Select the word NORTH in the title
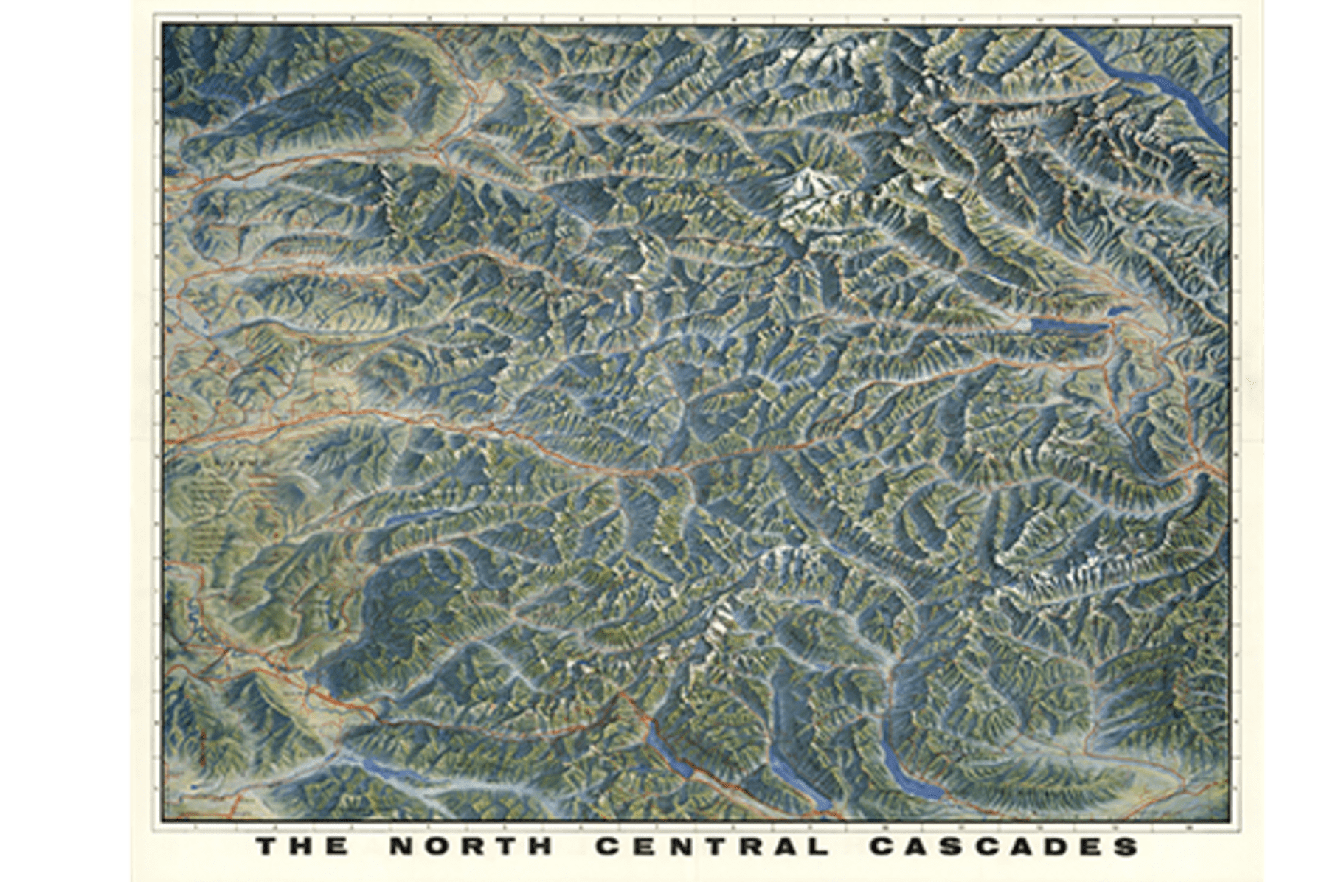click(x=471, y=846)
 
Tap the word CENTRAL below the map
click(x=712, y=846)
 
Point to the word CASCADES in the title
click(x=1003, y=846)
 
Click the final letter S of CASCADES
click(x=1123, y=846)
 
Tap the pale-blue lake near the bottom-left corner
click(x=384, y=774)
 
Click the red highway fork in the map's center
click(x=682, y=468)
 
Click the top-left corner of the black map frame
click(x=163, y=24)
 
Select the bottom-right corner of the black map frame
click(x=1231, y=821)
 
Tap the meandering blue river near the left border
click(x=193, y=612)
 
